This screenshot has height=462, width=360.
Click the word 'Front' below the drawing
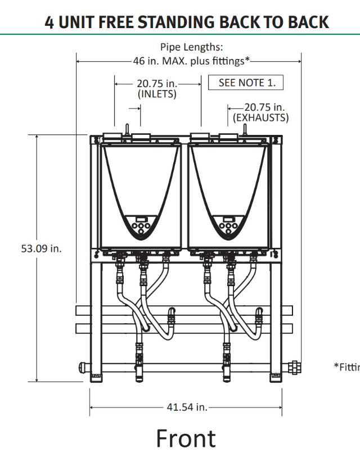click(186, 438)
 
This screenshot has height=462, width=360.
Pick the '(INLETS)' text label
click(157, 94)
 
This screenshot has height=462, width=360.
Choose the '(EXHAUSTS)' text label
click(260, 118)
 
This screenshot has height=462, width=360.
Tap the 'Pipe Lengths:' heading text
click(188, 47)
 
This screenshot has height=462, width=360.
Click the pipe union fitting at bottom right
click(293, 368)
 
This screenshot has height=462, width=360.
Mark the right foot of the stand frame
click(276, 375)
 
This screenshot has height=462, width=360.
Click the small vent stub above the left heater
click(128, 129)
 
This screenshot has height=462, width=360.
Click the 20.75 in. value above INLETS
click(157, 83)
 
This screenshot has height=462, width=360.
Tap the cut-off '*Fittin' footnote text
click(346, 366)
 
